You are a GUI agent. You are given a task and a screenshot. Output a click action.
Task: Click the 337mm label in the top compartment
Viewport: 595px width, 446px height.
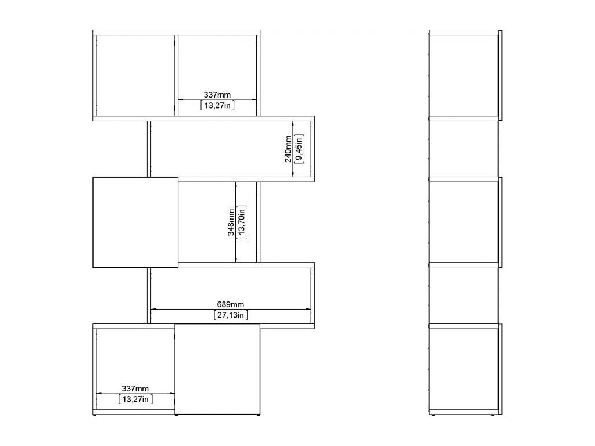coord(217,95)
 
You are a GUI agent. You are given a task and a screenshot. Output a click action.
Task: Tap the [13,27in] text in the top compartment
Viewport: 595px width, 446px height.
coord(217,105)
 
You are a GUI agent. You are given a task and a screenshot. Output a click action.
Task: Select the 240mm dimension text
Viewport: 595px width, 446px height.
coord(288,149)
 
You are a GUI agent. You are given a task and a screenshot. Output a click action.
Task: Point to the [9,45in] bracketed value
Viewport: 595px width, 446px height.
coord(299,149)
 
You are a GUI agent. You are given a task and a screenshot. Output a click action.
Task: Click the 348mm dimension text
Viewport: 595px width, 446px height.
coord(231,222)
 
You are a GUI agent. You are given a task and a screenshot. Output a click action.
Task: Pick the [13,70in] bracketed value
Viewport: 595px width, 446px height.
coord(242,222)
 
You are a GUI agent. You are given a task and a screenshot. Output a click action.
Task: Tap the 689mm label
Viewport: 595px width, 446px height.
coord(230,304)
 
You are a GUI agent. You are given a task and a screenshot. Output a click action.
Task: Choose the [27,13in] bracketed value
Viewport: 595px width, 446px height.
coord(230,315)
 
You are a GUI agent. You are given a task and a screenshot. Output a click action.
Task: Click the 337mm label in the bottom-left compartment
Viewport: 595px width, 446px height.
coord(135,389)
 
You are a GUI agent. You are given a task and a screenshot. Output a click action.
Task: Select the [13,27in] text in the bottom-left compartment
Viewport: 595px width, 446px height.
coord(135,399)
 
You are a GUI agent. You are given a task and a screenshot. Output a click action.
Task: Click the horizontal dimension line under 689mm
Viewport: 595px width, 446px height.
coord(231,309)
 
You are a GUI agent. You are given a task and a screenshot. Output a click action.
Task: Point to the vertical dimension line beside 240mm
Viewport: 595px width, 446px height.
coord(293,149)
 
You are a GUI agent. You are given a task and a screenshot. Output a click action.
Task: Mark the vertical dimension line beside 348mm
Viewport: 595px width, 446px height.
coord(236,222)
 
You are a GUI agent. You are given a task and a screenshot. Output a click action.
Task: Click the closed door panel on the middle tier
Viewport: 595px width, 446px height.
coord(135,222)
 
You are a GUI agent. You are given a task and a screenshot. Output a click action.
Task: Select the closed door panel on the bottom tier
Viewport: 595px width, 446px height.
coord(217,369)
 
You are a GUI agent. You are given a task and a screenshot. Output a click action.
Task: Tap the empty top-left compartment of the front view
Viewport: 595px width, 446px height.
coord(135,75)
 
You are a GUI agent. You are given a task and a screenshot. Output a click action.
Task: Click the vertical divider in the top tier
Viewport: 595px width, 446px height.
coord(177,75)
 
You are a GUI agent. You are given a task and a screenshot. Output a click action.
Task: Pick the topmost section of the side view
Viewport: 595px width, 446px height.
coord(463,75)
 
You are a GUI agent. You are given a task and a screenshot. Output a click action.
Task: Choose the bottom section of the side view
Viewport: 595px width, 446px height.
coord(463,369)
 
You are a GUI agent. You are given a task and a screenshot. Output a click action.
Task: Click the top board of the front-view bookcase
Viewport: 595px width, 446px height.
coord(177,33)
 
